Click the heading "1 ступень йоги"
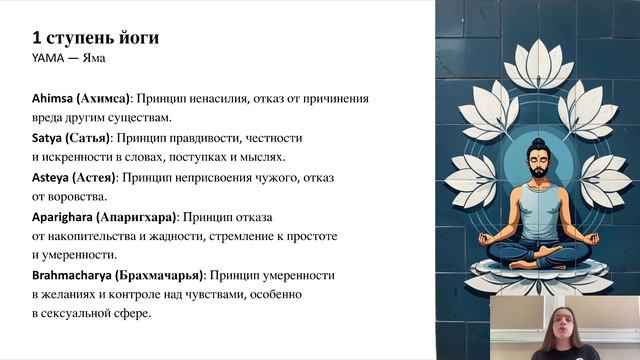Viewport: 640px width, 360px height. [x=95, y=39]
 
